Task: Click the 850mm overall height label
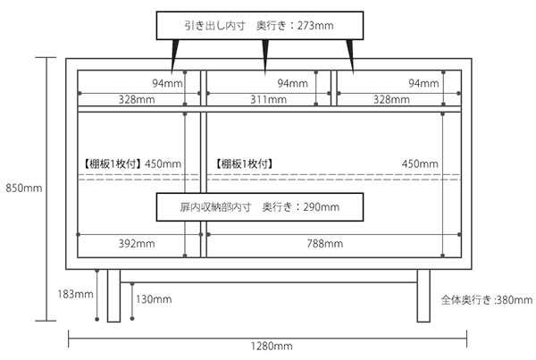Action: (x=24, y=188)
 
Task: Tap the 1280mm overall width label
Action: (x=272, y=346)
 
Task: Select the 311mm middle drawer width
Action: (x=268, y=99)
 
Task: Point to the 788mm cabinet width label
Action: (x=325, y=243)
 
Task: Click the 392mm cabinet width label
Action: (x=137, y=243)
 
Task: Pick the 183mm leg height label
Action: (x=75, y=294)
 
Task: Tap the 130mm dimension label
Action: (x=154, y=299)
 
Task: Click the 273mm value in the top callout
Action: (x=315, y=26)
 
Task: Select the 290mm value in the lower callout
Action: (x=322, y=207)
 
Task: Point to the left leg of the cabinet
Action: (x=113, y=296)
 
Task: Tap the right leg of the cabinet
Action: (x=423, y=296)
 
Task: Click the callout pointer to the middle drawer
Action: (x=265, y=56)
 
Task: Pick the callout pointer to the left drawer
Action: (x=175, y=56)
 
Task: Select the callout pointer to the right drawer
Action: (x=350, y=56)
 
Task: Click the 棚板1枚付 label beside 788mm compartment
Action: (x=244, y=163)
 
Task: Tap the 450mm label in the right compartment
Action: (x=420, y=163)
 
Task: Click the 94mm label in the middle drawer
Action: (x=292, y=83)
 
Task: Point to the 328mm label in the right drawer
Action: (x=391, y=99)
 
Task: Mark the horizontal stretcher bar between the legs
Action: (x=269, y=276)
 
